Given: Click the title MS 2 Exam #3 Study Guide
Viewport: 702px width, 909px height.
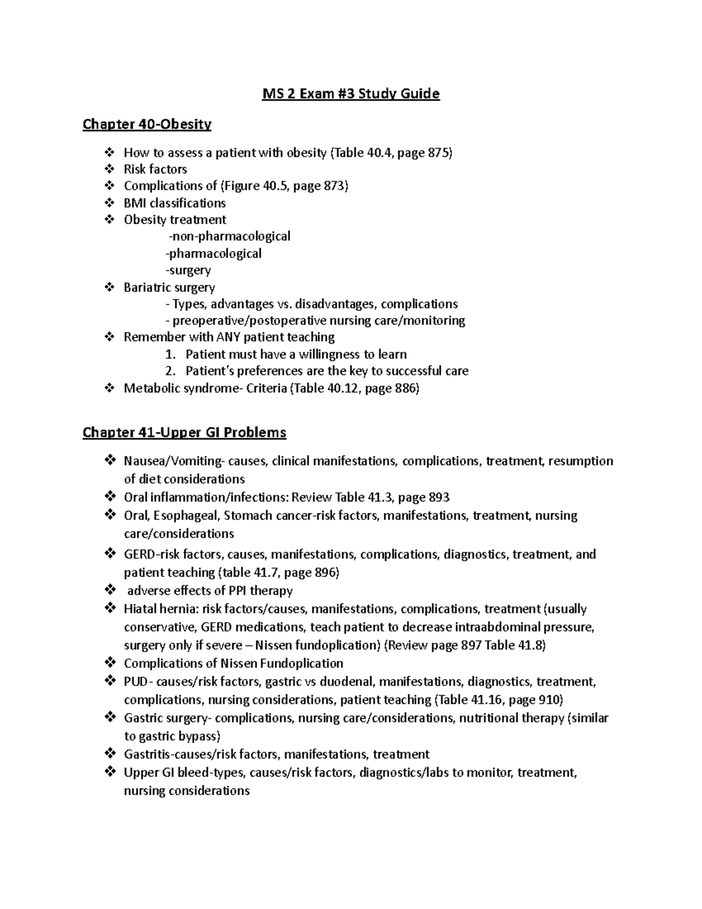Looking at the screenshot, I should [x=350, y=94].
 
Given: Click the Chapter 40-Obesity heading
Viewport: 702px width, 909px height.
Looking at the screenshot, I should [x=147, y=124].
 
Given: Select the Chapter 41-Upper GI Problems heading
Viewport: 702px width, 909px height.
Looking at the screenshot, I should [x=184, y=433].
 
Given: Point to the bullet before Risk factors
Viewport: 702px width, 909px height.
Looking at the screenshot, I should [x=109, y=170].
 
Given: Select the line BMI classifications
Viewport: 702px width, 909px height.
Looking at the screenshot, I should [x=174, y=203].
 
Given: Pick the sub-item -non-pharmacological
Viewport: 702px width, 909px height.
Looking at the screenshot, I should [x=229, y=236].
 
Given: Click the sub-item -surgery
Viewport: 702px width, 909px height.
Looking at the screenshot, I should [x=188, y=270].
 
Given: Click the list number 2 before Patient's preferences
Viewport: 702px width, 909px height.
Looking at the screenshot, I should [x=170, y=371].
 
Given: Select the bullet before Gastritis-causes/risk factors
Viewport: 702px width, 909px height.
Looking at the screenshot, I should [x=109, y=754].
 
